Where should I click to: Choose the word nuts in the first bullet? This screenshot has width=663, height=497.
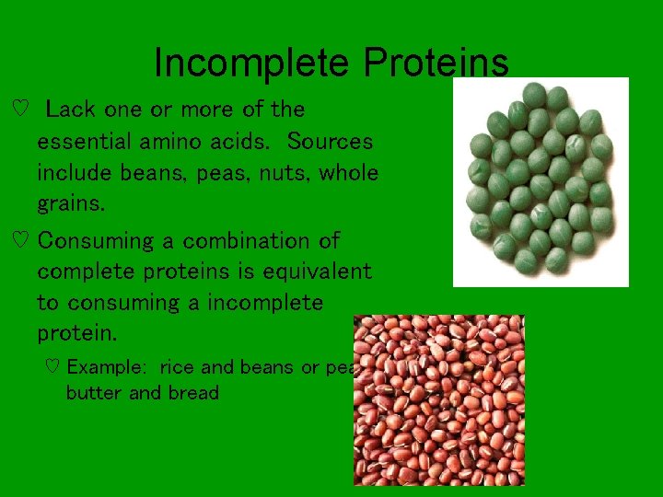(282, 173)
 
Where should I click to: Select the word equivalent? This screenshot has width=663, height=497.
(317, 272)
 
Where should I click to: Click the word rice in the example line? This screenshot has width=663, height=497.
(178, 367)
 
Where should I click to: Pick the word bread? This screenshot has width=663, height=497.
(192, 393)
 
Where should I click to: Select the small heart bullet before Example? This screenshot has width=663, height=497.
(52, 367)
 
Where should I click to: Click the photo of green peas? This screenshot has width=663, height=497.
(541, 181)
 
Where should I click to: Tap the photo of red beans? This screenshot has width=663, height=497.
(439, 399)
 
